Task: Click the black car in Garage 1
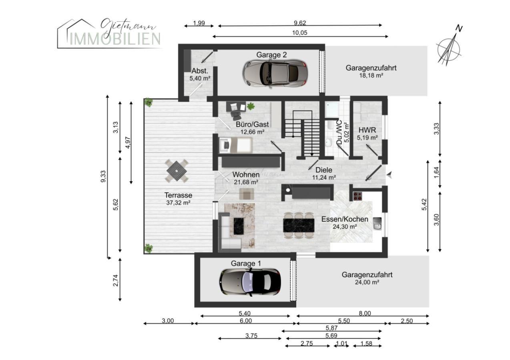coord(250,282)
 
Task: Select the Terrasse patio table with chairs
coord(177,171)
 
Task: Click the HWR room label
coord(367,130)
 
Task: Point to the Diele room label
coord(323,170)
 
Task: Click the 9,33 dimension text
coord(103,176)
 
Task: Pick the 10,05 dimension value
coord(299,33)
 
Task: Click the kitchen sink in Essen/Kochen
coord(377,224)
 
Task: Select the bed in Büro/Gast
coord(236,145)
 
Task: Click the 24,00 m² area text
coord(367,282)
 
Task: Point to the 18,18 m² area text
coord(371,75)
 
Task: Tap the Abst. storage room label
coord(200,70)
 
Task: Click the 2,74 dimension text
coord(116,280)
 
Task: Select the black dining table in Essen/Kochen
coord(299,225)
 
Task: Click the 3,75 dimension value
coord(251,336)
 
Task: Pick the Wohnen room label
coord(246,174)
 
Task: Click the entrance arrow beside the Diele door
coord(390,175)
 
